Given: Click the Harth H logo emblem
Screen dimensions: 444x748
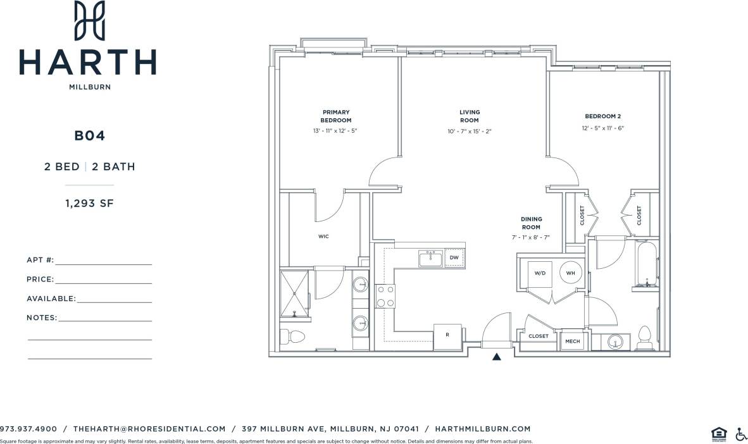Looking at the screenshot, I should (89, 20).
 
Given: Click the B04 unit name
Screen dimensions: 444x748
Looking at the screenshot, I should (89, 135).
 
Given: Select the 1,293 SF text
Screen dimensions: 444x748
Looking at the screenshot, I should (89, 204).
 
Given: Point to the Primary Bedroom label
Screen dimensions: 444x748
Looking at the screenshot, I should (335, 116).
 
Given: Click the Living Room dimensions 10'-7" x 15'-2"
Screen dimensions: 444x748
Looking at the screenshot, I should (469, 132).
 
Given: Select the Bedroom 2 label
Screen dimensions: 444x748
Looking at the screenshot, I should (602, 116).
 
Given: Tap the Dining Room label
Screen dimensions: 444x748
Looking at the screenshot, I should (531, 223).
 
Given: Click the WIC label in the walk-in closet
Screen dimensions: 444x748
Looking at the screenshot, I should (323, 237).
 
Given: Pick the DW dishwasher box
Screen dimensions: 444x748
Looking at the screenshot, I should (454, 258).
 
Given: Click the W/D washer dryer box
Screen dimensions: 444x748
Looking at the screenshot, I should (540, 273).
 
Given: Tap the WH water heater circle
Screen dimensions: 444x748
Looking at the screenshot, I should (570, 273).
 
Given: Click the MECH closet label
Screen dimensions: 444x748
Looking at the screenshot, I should (572, 342).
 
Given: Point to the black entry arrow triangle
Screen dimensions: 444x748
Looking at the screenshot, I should (497, 357).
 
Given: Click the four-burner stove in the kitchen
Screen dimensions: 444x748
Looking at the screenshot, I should (385, 296).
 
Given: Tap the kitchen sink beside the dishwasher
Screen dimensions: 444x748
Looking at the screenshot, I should (430, 258).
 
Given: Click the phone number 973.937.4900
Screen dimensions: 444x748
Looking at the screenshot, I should (28, 429).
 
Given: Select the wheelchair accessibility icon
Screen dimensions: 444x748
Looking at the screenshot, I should (740, 434).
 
